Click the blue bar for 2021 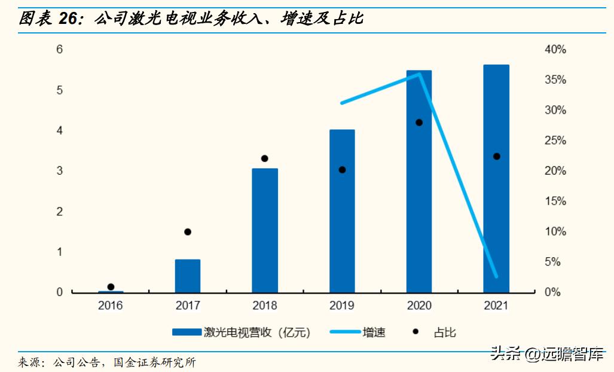[496, 179]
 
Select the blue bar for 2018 [265, 230]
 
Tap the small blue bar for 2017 [188, 276]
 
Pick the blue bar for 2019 [342, 211]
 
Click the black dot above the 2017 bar [188, 232]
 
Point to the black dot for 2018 [265, 158]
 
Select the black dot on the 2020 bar [419, 123]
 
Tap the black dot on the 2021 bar [496, 157]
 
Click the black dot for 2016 [111, 287]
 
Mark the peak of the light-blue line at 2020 [420, 74]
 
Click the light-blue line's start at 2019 [342, 103]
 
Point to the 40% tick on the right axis [555, 50]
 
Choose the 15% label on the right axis [555, 202]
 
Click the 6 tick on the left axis [60, 50]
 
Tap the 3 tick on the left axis [60, 171]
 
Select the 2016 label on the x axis [111, 306]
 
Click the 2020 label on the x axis [419, 306]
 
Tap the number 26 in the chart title [71, 19]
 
